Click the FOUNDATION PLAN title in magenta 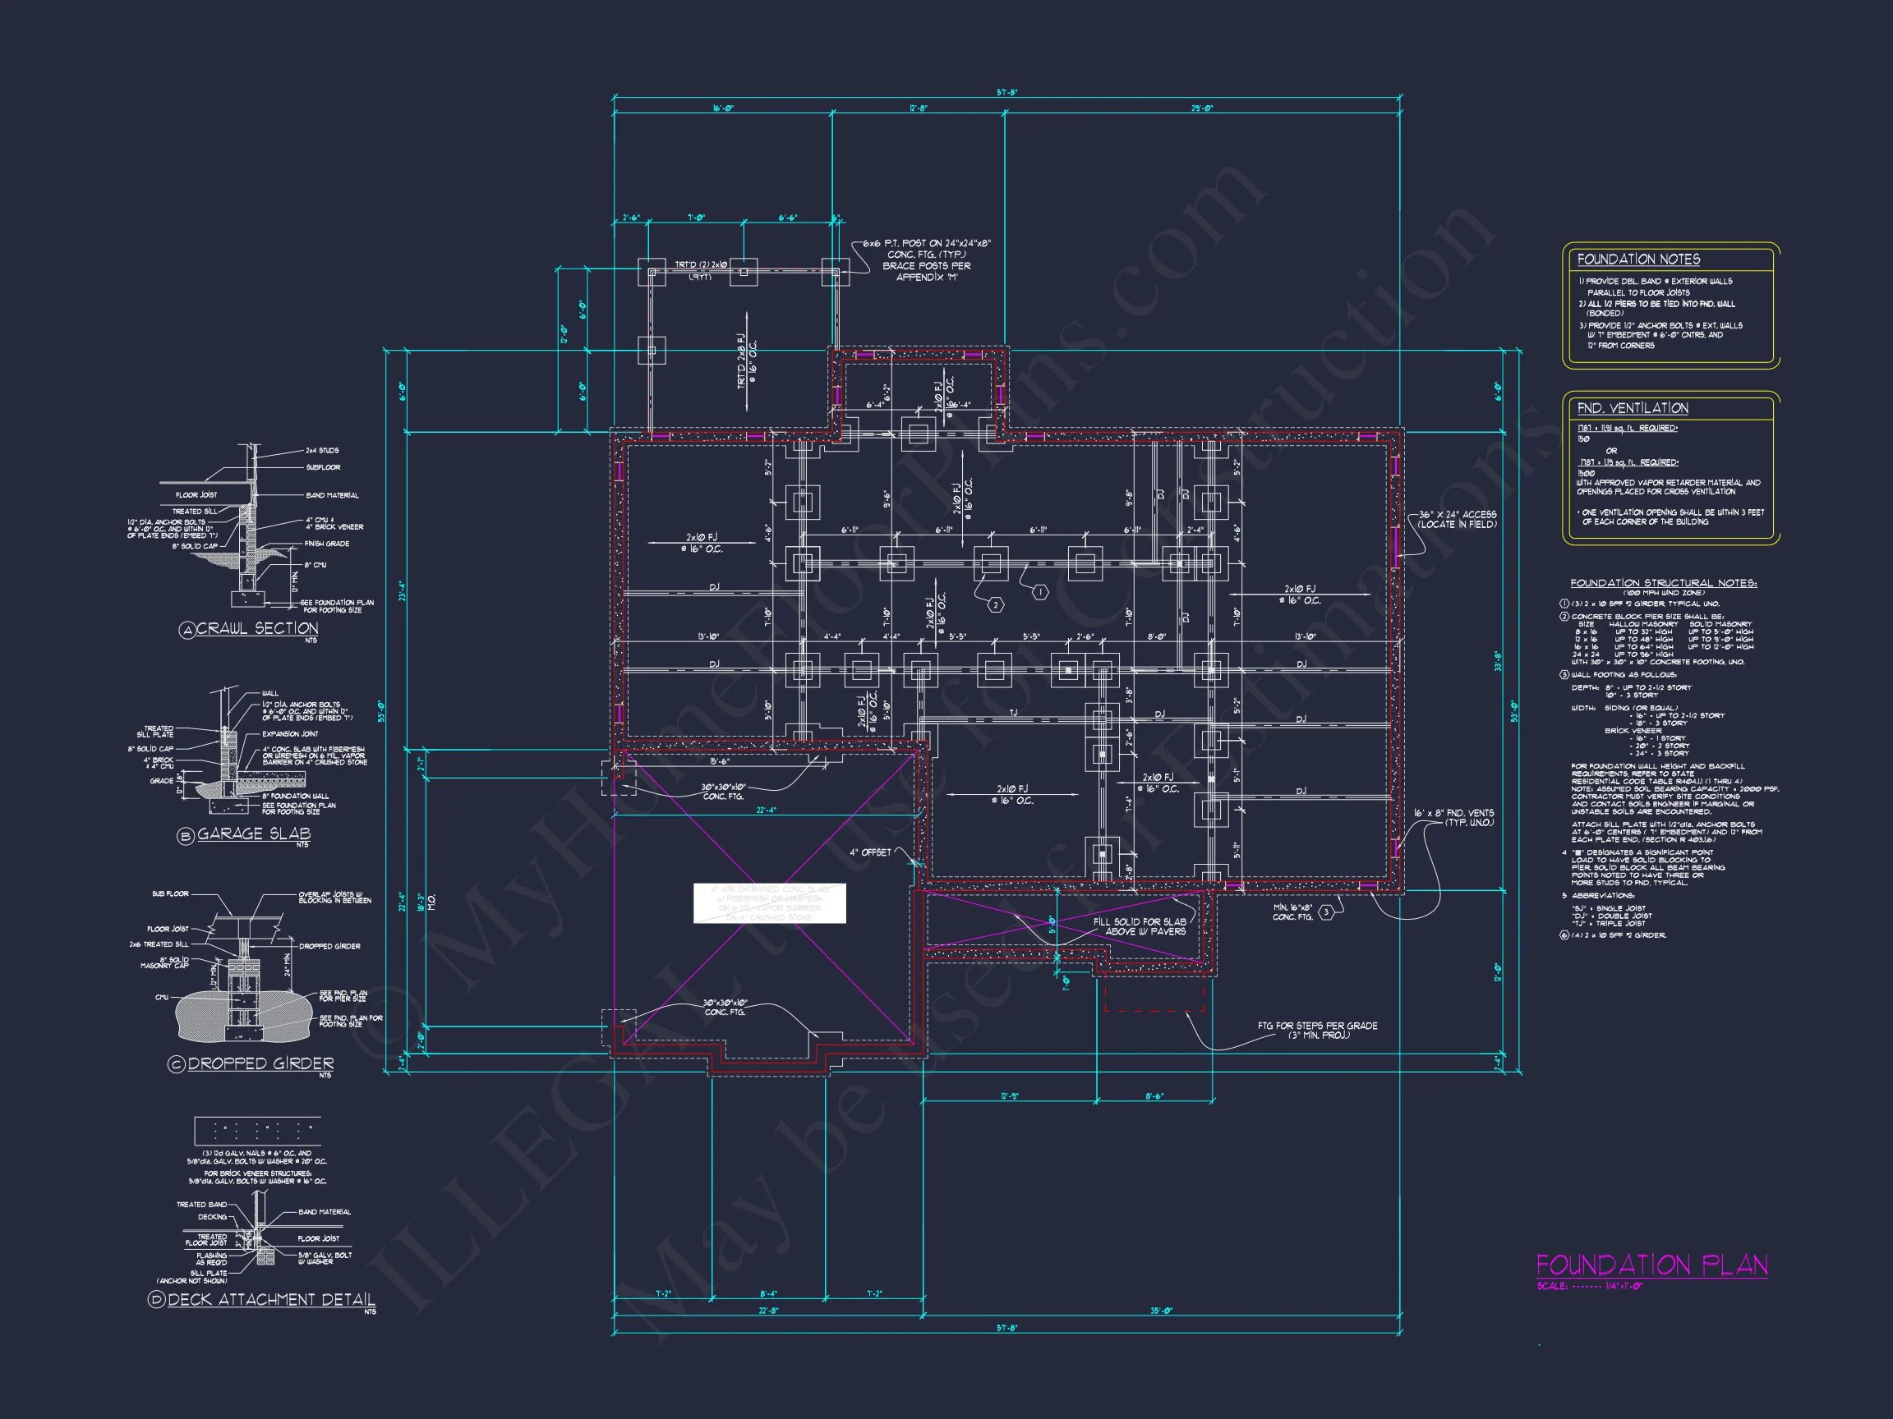(x=1651, y=1265)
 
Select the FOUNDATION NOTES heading (x=1638, y=259)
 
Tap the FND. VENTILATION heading (x=1632, y=408)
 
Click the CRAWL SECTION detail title (x=256, y=628)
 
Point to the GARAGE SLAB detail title (x=253, y=833)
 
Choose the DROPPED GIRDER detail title (x=260, y=1063)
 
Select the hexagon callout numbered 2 (x=995, y=604)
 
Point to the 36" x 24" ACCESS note (x=1457, y=519)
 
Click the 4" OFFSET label (x=869, y=852)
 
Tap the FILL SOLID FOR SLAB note (x=1139, y=926)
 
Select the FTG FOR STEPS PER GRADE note (x=1317, y=1030)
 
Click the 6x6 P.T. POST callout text (x=926, y=260)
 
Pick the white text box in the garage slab (x=768, y=903)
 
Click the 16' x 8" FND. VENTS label (x=1455, y=818)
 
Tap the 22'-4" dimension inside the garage (x=766, y=810)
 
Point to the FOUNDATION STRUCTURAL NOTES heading (x=1663, y=582)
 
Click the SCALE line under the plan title (x=1589, y=1286)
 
